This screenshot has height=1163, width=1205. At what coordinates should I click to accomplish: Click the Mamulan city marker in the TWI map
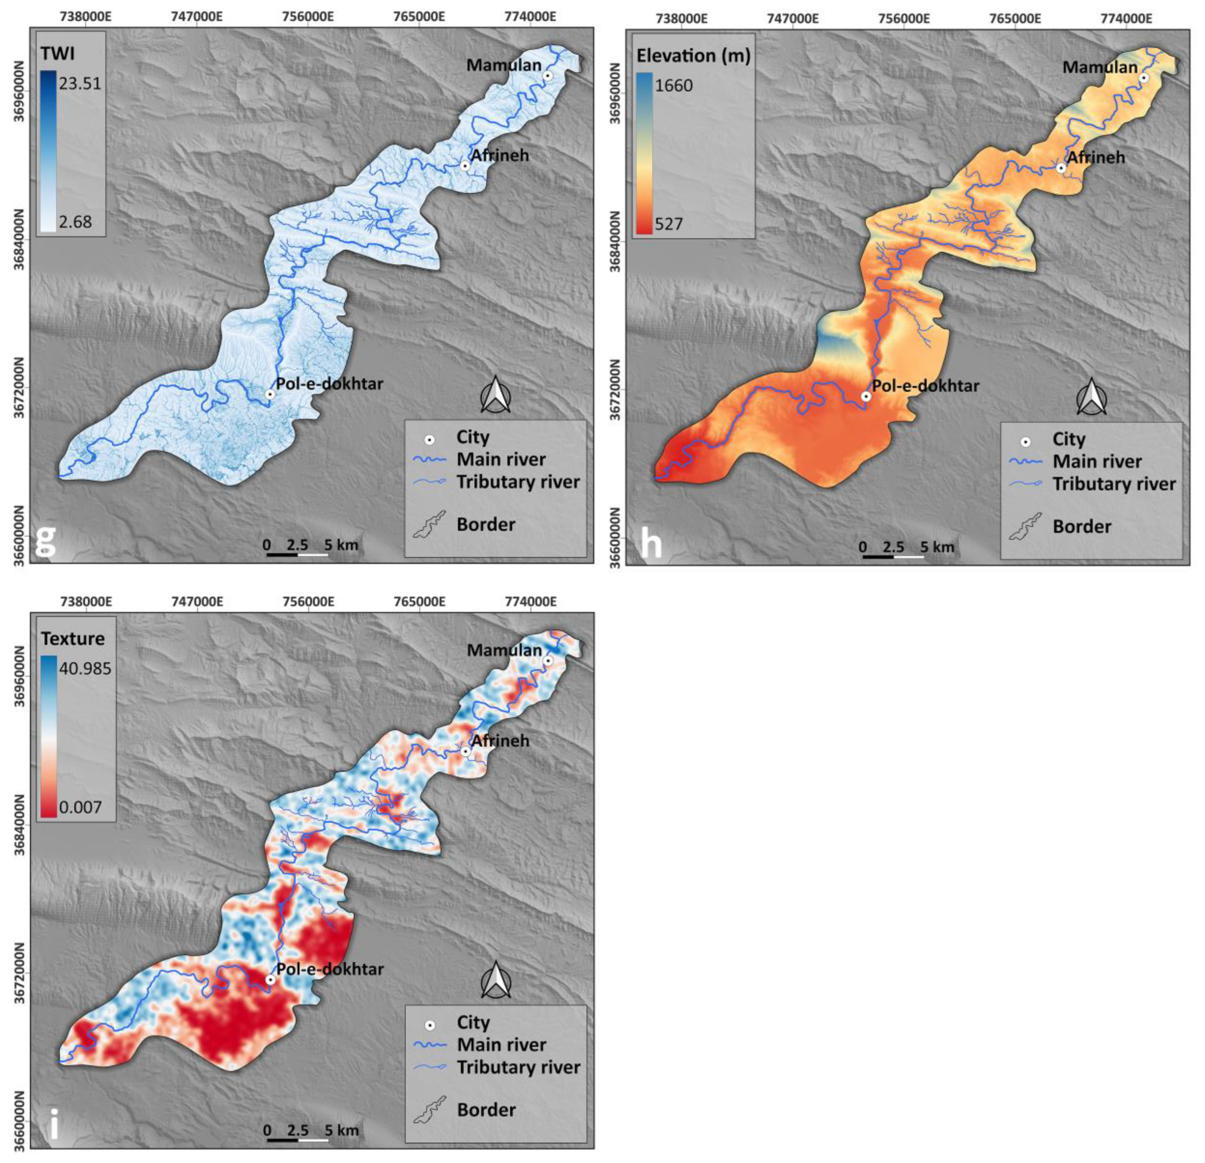point(547,76)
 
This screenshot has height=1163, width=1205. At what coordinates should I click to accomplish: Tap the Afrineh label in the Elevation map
point(1096,157)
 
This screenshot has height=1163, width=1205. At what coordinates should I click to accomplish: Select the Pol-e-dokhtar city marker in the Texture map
point(270,979)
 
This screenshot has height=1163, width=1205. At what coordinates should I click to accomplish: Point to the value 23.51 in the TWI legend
point(80,83)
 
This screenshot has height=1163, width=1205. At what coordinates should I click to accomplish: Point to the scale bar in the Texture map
point(298,1140)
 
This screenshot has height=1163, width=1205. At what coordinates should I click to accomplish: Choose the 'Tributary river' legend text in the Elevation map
point(1114,484)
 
